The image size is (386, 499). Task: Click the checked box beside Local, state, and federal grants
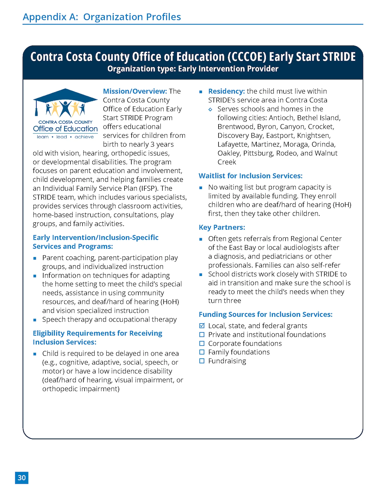coord(202,326)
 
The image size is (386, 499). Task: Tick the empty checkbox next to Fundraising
coord(202,361)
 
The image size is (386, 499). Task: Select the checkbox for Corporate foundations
coord(202,343)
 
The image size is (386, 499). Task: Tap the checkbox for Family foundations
coord(202,352)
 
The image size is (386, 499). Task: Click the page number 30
coord(22,478)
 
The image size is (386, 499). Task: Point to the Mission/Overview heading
coord(135,91)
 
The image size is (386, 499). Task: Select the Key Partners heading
coord(222,227)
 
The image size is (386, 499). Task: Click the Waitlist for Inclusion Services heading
coord(250,176)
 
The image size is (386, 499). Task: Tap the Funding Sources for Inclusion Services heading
coord(266,314)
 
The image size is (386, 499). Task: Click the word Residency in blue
coord(226,91)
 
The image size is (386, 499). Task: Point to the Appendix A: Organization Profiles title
coord(102,17)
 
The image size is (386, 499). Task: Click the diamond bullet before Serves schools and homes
coord(210,109)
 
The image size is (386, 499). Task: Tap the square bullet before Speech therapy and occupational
coord(35,320)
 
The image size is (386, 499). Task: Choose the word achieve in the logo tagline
coord(84,137)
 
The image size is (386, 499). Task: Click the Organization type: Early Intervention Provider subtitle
coord(193,69)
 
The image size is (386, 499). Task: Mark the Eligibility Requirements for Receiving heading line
coord(97,333)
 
